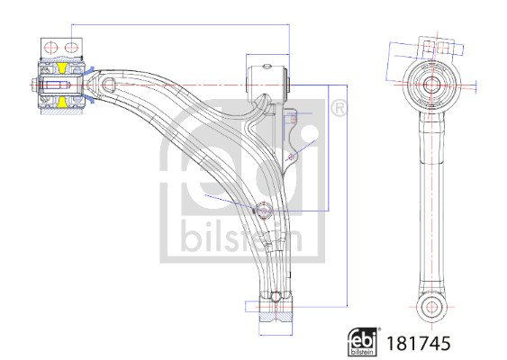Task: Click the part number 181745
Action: pos(419,343)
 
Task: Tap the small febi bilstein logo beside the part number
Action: pos(363,342)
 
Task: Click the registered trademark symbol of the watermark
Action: pos(339,108)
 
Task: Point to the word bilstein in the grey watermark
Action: pos(241,236)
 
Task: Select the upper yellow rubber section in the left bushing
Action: pos(62,67)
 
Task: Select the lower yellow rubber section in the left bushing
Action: pos(62,102)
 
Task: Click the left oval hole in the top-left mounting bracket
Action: pos(50,48)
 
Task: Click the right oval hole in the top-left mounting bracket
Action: pos(71,48)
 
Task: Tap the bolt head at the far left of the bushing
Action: pos(34,85)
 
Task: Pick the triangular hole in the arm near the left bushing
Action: pos(108,85)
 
